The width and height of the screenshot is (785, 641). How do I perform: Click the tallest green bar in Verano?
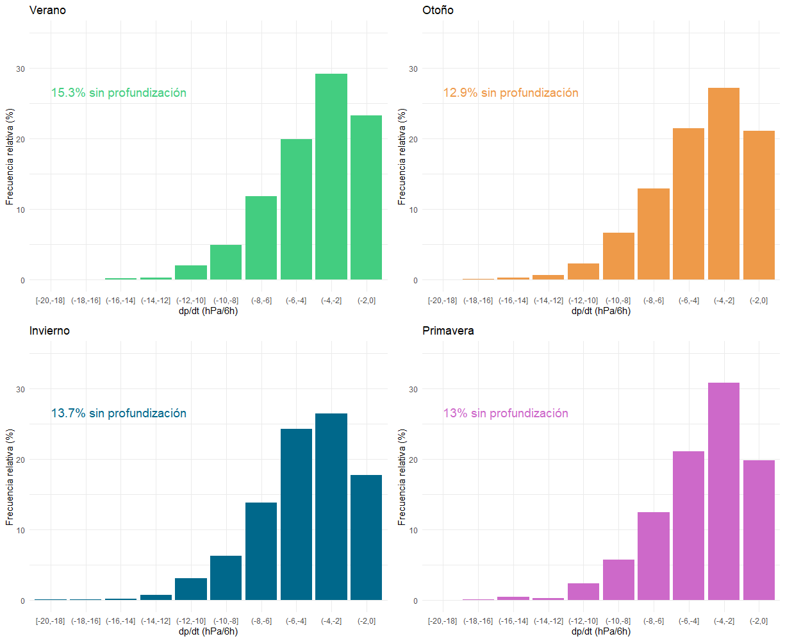(331, 177)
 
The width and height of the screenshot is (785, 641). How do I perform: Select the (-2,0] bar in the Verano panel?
(366, 197)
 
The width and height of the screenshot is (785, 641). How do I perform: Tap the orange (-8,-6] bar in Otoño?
(653, 234)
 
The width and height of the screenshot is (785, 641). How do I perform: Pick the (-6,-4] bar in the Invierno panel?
(296, 514)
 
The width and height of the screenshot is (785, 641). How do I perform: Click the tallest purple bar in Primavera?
(723, 491)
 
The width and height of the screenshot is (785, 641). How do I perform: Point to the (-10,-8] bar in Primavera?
(618, 579)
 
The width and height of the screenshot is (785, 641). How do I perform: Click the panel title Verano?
(47, 10)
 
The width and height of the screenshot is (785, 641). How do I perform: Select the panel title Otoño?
(438, 10)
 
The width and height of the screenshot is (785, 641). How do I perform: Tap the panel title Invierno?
(49, 331)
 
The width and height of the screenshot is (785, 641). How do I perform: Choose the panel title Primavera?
(448, 331)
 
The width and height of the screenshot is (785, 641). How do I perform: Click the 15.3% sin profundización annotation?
(119, 93)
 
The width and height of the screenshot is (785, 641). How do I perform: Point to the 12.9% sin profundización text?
(511, 93)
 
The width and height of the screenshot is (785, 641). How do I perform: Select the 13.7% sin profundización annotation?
(119, 413)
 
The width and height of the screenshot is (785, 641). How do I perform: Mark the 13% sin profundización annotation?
(506, 413)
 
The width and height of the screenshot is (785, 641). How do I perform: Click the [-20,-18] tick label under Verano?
(50, 301)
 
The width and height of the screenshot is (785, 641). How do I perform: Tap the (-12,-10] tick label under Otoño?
(583, 301)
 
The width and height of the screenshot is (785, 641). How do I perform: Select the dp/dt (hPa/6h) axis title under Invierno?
(208, 631)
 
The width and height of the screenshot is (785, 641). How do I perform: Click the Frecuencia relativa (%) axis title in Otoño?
(402, 156)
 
